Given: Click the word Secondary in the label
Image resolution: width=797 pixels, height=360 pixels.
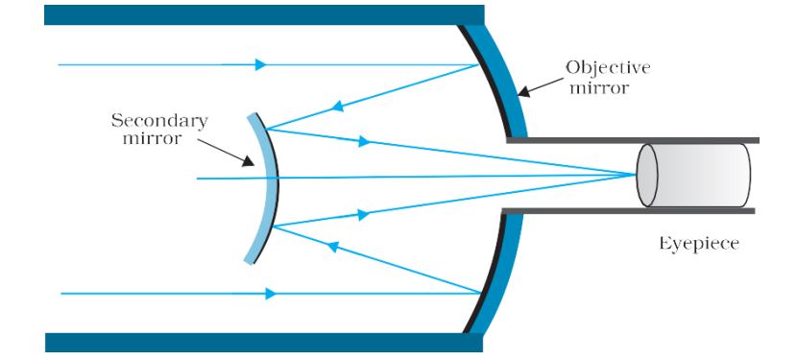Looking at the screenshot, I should (159, 121).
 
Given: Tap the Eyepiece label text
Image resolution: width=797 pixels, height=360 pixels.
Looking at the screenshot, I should (698, 244).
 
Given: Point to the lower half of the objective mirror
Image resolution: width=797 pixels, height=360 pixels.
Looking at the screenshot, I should (498, 278).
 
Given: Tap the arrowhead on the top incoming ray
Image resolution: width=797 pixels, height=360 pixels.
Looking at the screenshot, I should (261, 64).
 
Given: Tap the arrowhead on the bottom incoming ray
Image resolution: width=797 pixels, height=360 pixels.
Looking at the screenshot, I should (271, 293).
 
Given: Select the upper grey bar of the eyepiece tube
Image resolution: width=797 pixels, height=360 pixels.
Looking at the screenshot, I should (634, 140).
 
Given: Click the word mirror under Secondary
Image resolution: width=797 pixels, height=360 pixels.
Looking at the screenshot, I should (159, 140).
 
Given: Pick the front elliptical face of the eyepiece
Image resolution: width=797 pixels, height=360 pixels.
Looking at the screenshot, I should (647, 175).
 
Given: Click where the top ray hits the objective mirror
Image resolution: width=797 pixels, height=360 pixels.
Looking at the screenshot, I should (479, 65).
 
